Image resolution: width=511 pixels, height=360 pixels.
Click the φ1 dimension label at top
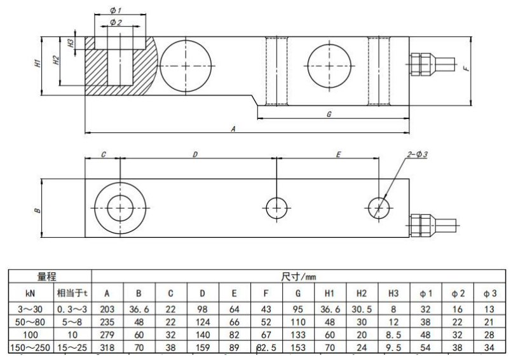tap(115, 10)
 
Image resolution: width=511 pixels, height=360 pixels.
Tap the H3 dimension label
tap(71, 43)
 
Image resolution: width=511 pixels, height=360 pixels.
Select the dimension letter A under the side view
tap(233, 129)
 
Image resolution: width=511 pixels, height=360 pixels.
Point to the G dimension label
tap(329, 114)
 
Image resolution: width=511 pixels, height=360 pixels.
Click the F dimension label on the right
tap(467, 69)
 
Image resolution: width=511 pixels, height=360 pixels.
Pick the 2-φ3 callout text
tap(416, 154)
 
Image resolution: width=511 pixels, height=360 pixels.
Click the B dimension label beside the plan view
tap(38, 211)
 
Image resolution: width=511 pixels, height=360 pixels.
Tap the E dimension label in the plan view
tap(338, 154)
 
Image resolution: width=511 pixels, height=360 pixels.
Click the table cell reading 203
tap(107, 309)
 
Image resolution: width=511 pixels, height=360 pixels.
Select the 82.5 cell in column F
tap(266, 348)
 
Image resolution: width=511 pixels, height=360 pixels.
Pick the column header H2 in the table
tap(362, 293)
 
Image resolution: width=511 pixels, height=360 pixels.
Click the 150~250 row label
tap(30, 348)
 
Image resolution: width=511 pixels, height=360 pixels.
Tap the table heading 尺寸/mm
tap(299, 277)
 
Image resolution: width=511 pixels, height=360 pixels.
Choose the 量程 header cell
tap(46, 277)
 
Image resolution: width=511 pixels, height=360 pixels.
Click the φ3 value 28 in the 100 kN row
tap(489, 335)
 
